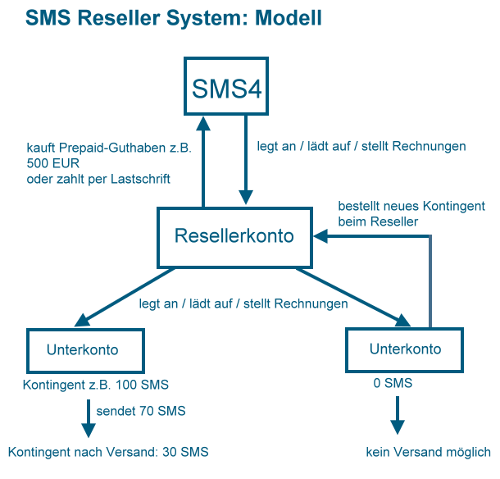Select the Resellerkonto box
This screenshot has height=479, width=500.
(234, 236)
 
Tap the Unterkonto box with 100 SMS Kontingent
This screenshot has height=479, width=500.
(82, 350)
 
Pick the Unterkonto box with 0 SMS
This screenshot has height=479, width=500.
(405, 349)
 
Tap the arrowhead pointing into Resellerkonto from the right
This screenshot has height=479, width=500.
(326, 236)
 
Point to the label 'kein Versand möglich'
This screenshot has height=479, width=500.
(428, 452)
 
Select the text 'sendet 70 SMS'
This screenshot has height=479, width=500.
(141, 410)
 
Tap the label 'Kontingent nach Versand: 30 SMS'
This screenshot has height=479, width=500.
(108, 452)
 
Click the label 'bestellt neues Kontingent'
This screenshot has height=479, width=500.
(411, 205)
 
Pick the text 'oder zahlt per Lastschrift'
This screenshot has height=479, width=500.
(98, 179)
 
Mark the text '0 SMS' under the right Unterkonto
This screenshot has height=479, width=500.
(393, 382)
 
